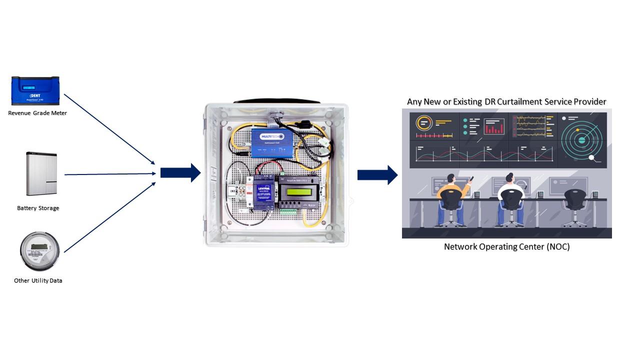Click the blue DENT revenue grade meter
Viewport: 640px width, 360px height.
[x=35, y=90]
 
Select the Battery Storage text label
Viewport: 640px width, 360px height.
[x=38, y=208]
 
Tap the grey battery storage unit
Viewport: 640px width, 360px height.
[x=41, y=173]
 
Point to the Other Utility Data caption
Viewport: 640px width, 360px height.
[x=38, y=280]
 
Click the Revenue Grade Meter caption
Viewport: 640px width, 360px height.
[x=37, y=113]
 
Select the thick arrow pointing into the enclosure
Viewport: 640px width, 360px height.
[x=180, y=173]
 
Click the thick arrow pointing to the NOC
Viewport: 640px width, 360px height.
[x=377, y=174]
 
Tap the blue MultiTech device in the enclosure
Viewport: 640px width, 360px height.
[x=267, y=142]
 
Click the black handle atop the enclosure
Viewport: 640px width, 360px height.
[x=276, y=101]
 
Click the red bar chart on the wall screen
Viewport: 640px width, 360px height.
[x=494, y=127]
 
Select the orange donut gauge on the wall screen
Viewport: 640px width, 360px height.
[x=423, y=123]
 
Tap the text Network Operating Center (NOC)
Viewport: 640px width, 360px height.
[x=506, y=246]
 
